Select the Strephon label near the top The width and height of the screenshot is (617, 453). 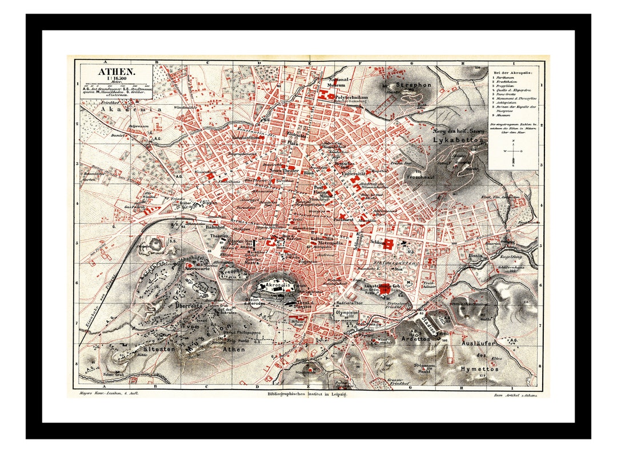point(409,85)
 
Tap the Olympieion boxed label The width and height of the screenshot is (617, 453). point(346,314)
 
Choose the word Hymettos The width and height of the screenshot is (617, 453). point(479,369)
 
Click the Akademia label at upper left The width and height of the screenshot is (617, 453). point(123,108)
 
